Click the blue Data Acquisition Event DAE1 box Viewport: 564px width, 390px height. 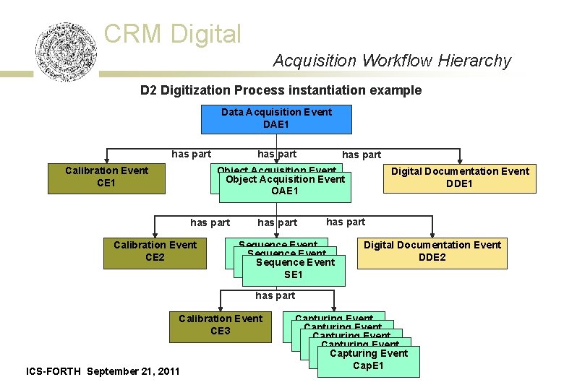[x=276, y=119]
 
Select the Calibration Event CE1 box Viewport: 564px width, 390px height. [x=106, y=178]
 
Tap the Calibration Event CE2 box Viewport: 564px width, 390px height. [x=155, y=251]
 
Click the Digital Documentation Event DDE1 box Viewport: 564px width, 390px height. [x=460, y=178]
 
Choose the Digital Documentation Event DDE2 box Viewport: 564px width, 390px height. [x=432, y=251]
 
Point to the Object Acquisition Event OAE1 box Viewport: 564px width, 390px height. [x=285, y=186]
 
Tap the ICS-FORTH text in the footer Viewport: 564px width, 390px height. [x=54, y=371]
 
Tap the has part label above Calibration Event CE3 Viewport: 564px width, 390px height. [x=275, y=295]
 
